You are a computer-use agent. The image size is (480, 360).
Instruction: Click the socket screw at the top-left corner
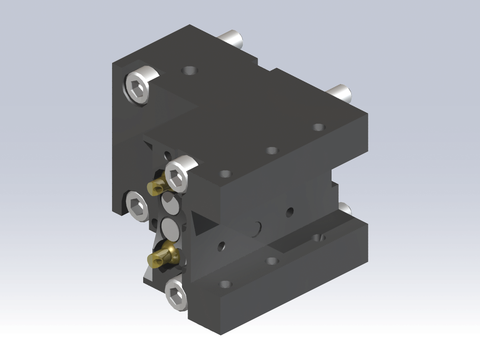pyautogui.click(x=139, y=87)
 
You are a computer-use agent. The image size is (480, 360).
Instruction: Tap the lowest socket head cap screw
pyautogui.click(x=176, y=291)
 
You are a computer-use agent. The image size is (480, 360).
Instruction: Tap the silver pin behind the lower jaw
pyautogui.click(x=343, y=208)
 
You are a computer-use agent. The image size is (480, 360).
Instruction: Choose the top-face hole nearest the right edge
pyautogui.click(x=318, y=127)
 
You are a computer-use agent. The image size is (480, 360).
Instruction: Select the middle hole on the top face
pyautogui.click(x=270, y=151)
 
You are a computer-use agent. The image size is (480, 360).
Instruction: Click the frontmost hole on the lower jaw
pyautogui.click(x=225, y=284)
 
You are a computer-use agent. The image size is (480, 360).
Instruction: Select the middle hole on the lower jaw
pyautogui.click(x=270, y=261)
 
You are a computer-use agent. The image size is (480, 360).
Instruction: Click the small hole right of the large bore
pyautogui.click(x=289, y=211)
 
